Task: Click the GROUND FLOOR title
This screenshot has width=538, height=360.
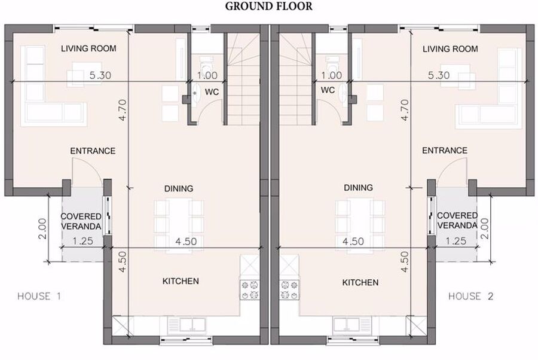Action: point(268,6)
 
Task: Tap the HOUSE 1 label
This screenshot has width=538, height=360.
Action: point(39,296)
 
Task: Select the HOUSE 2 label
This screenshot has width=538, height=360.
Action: point(471,296)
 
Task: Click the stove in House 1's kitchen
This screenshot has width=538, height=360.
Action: point(249,290)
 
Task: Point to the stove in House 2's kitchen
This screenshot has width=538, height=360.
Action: point(289,290)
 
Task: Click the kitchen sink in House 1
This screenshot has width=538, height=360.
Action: point(187,325)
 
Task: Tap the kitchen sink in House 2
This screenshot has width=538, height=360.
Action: point(351,325)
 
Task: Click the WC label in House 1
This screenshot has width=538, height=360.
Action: point(212,92)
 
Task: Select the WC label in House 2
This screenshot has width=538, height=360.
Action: point(328,90)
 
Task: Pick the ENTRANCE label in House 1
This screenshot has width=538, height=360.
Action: point(93,151)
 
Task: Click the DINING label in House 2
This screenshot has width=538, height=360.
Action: point(358,187)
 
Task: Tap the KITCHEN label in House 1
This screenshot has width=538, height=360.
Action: point(181,281)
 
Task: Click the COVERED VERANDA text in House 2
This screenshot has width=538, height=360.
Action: point(457,220)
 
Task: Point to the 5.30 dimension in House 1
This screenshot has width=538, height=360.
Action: point(100,75)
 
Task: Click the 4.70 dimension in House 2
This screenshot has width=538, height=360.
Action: point(405,110)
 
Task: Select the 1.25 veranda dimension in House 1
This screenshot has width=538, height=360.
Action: point(82,241)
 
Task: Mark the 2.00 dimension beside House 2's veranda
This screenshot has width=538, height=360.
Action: point(484,228)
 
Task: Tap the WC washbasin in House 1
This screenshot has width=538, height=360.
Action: point(195,94)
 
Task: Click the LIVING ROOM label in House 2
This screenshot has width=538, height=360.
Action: point(450,48)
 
